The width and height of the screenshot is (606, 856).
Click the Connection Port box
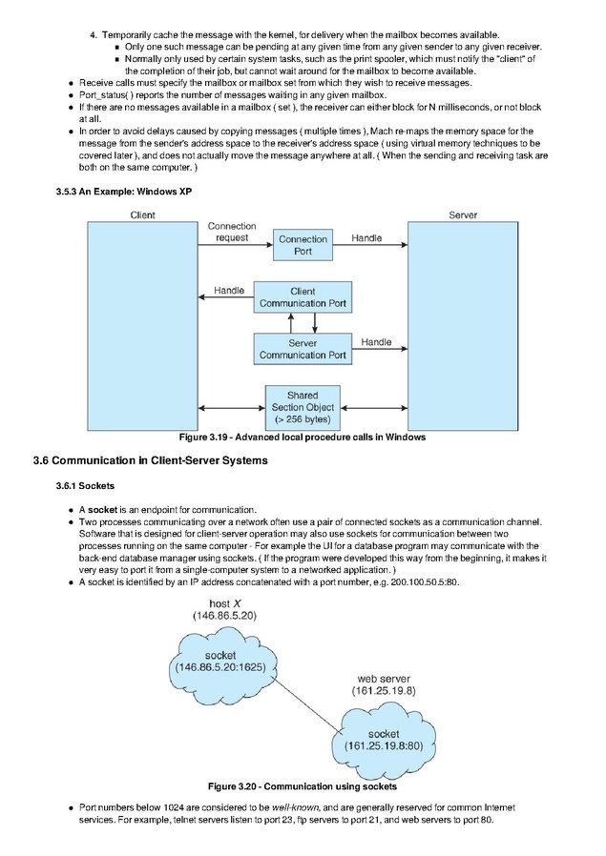point(303,245)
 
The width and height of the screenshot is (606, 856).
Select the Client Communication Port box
point(303,297)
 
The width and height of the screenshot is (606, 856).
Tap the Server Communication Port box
point(303,349)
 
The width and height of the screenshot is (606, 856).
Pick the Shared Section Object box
point(303,407)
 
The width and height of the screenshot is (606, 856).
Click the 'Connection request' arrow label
point(232,232)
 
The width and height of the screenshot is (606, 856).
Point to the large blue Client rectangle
point(142,326)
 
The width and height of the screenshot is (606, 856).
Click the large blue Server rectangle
point(463,326)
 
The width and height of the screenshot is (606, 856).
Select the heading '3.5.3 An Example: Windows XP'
point(123,192)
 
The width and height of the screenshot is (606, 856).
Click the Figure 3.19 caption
point(303,438)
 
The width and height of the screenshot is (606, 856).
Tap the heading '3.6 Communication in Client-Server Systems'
point(150,460)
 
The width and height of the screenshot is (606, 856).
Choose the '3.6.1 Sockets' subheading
point(85,486)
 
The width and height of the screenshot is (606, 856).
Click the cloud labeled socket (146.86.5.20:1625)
point(221,662)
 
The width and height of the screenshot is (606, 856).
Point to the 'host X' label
point(224,603)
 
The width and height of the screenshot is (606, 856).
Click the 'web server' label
point(384,679)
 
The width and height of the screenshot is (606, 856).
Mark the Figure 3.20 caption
point(303,786)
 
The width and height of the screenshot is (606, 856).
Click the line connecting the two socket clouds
point(306,703)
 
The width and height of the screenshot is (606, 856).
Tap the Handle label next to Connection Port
point(366,238)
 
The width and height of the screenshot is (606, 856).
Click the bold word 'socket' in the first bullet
point(103,510)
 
